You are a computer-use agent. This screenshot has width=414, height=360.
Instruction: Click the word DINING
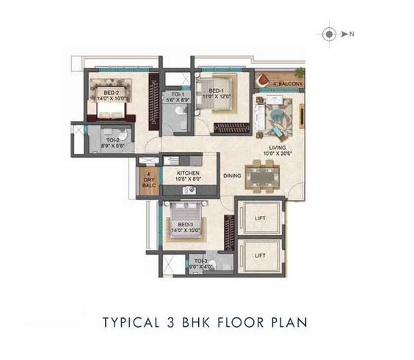pos(233,176)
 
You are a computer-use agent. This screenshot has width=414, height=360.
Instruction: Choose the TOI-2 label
pos(112,140)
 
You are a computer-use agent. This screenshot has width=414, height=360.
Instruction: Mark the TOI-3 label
pos(200,261)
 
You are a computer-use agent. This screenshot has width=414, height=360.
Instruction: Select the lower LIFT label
pos(260,255)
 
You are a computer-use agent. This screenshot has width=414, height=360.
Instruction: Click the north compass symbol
pos(330,33)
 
